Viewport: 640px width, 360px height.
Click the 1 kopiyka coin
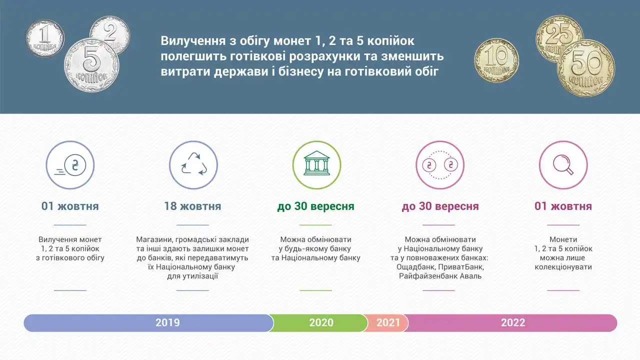45,38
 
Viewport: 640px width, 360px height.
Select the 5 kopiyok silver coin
91,65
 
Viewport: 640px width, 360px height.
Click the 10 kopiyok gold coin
496,60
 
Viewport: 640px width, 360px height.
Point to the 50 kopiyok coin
586,68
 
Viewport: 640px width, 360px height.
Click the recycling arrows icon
193,165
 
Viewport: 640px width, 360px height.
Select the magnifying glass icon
563,165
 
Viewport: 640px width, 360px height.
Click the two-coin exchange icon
440,165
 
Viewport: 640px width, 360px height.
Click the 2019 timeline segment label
167,322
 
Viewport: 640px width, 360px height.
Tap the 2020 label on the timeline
321,322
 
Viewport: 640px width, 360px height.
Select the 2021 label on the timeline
388,322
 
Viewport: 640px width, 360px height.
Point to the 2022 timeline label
513,322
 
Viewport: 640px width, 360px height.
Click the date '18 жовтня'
192,206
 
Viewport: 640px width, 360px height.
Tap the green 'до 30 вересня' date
315,206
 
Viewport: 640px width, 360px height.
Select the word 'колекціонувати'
563,267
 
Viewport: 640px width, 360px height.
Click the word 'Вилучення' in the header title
193,41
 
